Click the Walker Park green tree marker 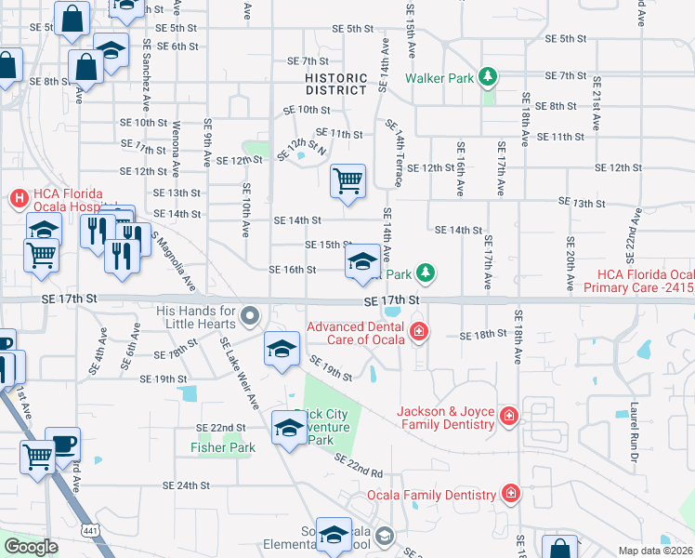click(486, 76)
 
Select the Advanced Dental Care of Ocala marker click(419, 331)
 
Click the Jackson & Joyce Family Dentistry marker click(508, 415)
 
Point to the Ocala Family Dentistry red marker click(509, 492)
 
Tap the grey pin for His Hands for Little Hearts click(249, 316)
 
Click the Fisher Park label click(223, 447)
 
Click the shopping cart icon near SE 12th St click(347, 181)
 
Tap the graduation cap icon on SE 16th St click(362, 261)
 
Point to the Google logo click(31, 547)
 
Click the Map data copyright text click(655, 551)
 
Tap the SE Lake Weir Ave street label click(239, 373)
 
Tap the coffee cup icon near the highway click(63, 445)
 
